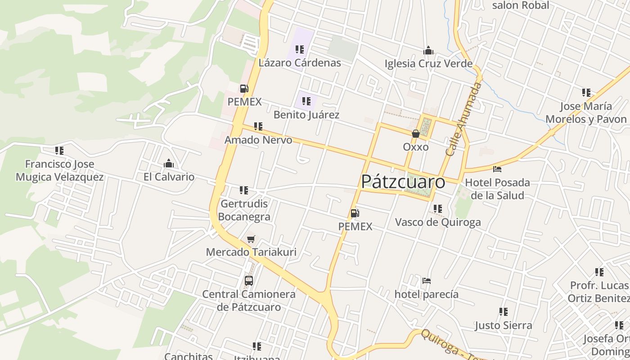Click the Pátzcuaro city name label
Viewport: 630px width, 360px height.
(403, 182)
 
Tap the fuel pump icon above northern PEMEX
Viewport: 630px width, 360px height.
(244, 89)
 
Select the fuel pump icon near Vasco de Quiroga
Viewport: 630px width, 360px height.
(355, 213)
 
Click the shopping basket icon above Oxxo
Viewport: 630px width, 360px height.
(416, 134)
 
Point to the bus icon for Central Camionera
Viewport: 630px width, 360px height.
(249, 281)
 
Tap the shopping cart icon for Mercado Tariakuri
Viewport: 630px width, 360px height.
(251, 239)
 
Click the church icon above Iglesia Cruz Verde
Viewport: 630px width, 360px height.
(428, 50)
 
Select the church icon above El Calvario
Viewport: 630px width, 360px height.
(169, 163)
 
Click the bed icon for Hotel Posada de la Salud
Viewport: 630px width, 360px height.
(497, 169)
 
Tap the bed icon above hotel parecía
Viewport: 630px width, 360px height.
(427, 281)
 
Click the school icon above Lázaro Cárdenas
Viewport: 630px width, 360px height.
(300, 49)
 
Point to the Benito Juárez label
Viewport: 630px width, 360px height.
(306, 115)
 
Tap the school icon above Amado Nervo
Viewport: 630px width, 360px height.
(258, 126)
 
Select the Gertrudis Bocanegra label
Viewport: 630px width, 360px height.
(245, 210)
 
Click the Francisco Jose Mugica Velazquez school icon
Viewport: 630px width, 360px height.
(59, 151)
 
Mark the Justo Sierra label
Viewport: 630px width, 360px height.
(503, 325)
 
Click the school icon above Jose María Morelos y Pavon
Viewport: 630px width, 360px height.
(586, 93)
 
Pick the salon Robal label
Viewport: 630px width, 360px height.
(521, 5)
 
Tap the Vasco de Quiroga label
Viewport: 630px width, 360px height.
(438, 222)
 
